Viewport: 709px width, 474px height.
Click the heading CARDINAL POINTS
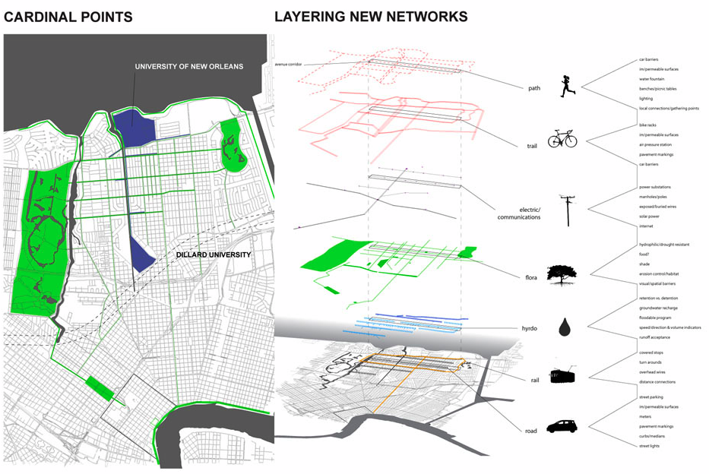point(68,17)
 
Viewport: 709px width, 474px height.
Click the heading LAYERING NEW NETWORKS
point(371,16)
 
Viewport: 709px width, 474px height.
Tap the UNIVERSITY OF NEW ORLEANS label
point(189,67)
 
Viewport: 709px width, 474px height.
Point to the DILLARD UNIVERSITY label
point(213,254)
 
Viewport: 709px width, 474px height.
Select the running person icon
point(567,87)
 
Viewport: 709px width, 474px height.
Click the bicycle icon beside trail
point(562,138)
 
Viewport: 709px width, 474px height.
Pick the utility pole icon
point(567,210)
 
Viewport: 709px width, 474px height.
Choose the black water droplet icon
point(564,327)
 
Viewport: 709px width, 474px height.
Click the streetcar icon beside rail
point(562,376)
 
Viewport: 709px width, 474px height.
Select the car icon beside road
point(562,427)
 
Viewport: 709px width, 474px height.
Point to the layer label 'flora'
point(530,278)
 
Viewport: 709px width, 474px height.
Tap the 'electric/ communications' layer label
point(519,213)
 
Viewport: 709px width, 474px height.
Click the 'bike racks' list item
point(647,125)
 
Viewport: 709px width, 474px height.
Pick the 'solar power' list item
point(650,216)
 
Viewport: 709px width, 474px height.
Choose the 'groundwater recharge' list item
point(658,308)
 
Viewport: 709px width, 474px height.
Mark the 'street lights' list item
point(649,446)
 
